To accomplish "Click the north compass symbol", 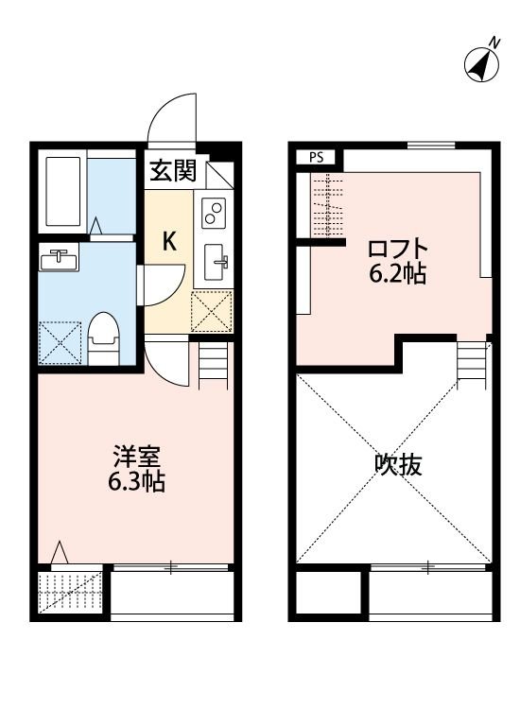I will pyautogui.click(x=482, y=62).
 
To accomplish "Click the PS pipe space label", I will pyautogui.click(x=315, y=158).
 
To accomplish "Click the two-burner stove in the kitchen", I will pyautogui.click(x=214, y=214).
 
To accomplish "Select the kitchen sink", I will pyautogui.click(x=214, y=260).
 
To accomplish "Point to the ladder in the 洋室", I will pyautogui.click(x=214, y=364).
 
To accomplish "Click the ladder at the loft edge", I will pyautogui.click(x=470, y=361).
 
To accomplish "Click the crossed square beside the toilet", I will pyautogui.click(x=61, y=342).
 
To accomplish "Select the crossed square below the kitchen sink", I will pyautogui.click(x=211, y=310).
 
